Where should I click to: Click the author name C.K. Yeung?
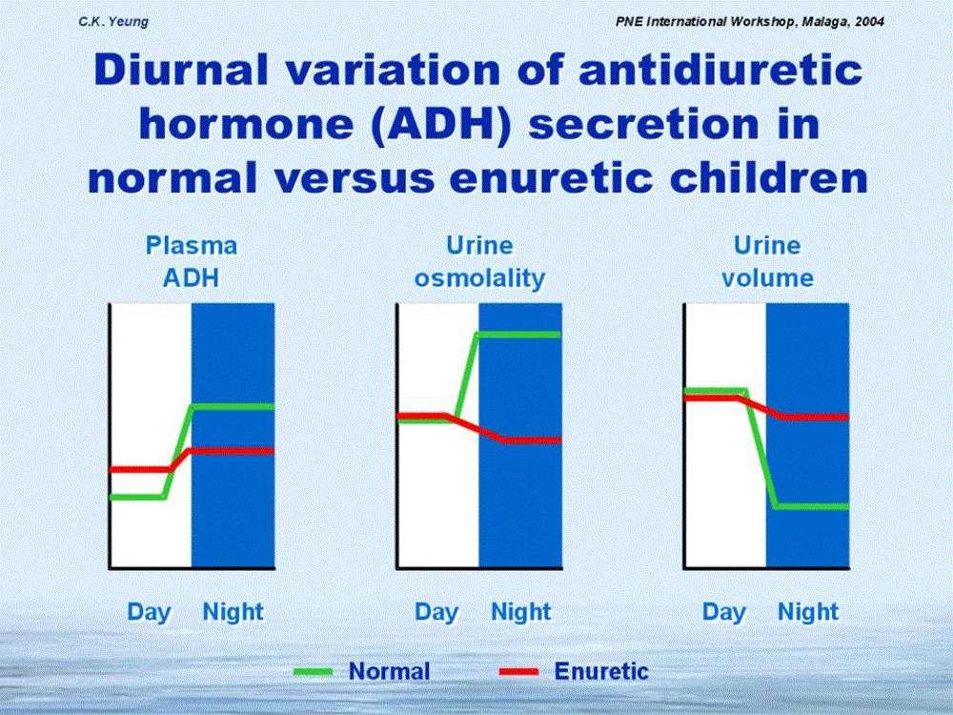113,22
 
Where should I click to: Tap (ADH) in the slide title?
440,124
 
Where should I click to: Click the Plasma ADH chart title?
192,261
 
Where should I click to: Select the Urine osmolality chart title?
479,261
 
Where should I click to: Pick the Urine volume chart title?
767,261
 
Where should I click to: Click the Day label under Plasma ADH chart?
150,612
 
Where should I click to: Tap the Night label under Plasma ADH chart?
233,611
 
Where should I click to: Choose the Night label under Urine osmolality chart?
521,611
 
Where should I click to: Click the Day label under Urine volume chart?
724,612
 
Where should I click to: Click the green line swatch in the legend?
313,672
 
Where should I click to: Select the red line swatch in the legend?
518,672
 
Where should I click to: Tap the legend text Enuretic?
601,671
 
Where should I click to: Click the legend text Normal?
390,671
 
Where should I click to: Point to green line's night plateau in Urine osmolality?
519,334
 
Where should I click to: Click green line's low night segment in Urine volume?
812,506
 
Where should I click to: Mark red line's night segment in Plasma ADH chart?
233,451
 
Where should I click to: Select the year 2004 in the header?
870,22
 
